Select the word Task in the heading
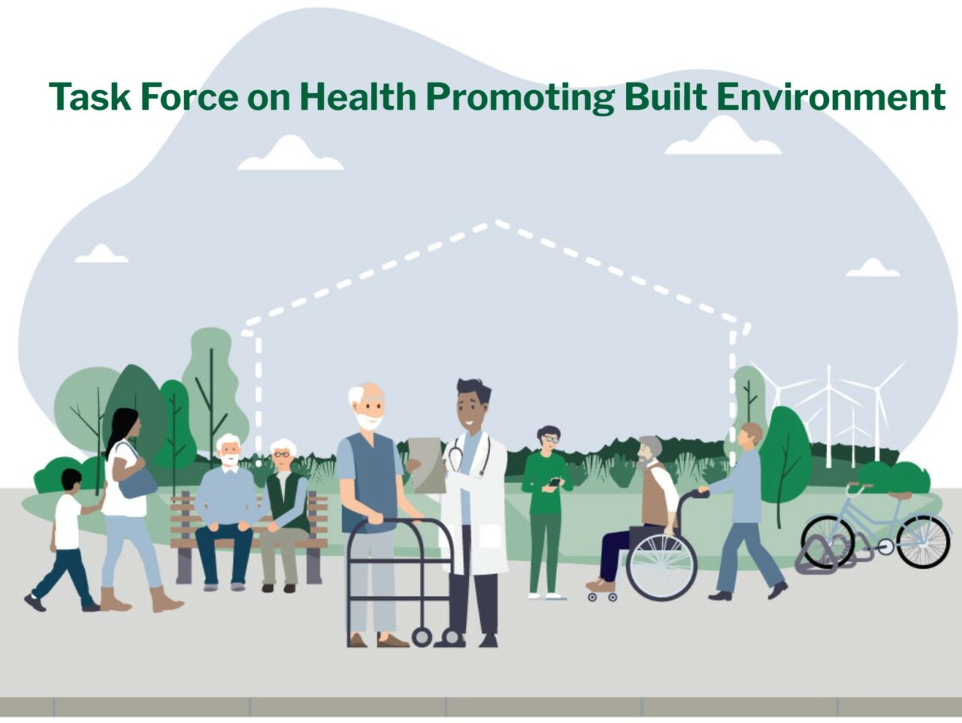click(89, 97)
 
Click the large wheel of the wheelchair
click(661, 565)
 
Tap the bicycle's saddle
click(900, 495)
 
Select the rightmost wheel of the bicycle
click(923, 542)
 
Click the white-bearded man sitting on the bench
click(226, 504)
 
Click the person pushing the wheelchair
click(744, 511)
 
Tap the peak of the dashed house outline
click(496, 222)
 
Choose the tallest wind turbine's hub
click(828, 388)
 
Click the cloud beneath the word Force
click(290, 155)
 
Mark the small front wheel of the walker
click(422, 638)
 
